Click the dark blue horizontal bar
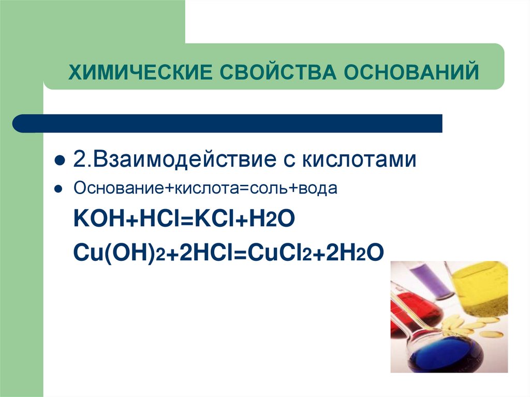pos(228,124)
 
